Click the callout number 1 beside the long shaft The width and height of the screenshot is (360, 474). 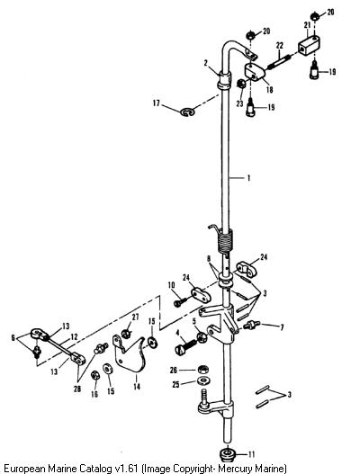[248, 178]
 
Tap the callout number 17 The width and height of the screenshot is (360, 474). [156, 103]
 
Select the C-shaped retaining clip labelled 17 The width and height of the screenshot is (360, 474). [187, 112]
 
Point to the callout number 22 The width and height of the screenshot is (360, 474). [280, 46]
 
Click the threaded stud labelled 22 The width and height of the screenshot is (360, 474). [280, 63]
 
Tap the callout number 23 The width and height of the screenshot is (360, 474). [240, 103]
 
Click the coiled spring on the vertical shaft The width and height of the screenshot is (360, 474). [223, 240]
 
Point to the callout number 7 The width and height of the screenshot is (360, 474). [282, 327]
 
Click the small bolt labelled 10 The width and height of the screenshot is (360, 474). [181, 301]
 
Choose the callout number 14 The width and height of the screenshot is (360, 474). [137, 387]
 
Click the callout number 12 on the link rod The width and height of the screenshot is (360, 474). [74, 336]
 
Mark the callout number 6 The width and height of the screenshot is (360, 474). [13, 337]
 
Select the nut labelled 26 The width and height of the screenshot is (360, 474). [203, 369]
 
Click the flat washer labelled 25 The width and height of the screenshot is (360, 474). [203, 380]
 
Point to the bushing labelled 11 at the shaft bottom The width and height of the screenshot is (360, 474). [228, 454]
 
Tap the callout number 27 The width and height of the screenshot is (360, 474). [135, 317]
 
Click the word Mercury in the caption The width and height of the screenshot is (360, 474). [234, 469]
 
